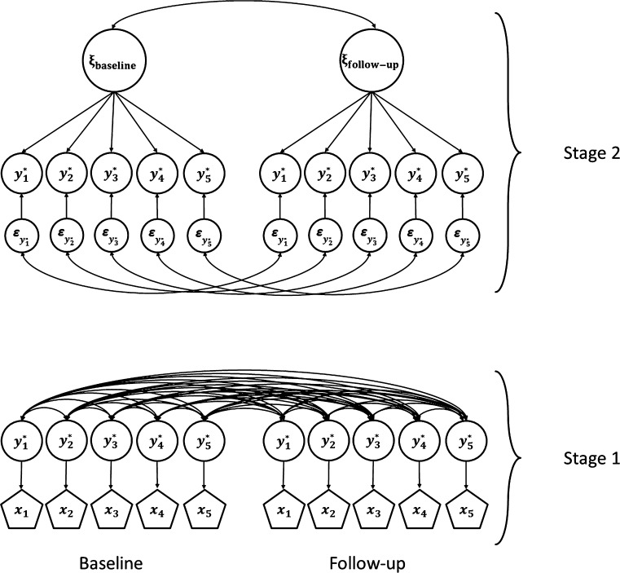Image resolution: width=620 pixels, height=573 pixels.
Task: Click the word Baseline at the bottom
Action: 112,540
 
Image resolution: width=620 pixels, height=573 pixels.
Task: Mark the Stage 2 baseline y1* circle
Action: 24,174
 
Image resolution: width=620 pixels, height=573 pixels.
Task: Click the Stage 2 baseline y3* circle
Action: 112,174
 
